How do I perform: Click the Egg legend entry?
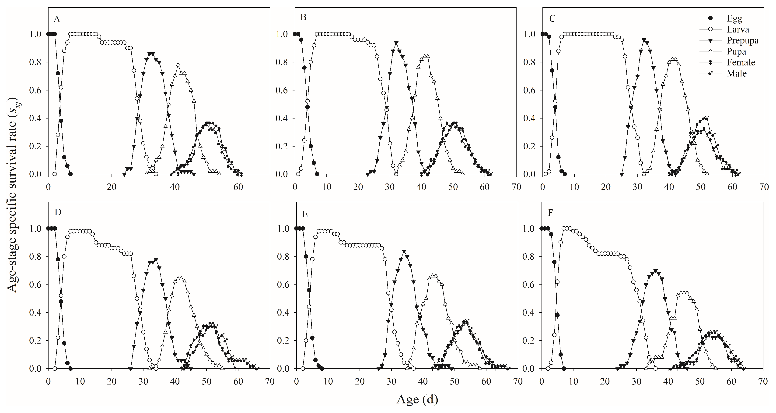(734, 18)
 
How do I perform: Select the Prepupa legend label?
(742, 40)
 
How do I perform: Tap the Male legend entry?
(736, 73)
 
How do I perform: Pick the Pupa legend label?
(736, 52)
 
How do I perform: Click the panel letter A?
(57, 20)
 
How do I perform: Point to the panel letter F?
(550, 213)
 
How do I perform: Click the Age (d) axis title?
(417, 399)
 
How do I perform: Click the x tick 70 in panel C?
(764, 187)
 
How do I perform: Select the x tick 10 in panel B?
(327, 187)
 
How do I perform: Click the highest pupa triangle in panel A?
(178, 65)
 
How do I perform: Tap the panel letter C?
(552, 19)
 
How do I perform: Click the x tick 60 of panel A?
(238, 187)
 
